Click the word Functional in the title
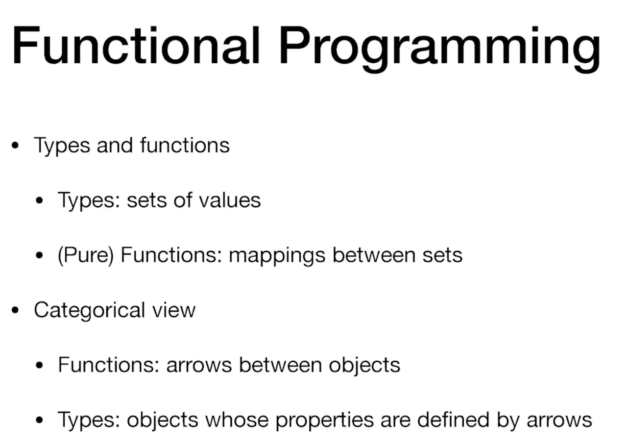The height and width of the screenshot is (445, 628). [136, 46]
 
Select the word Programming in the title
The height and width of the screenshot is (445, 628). [440, 49]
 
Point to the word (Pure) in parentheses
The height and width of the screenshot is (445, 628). [86, 255]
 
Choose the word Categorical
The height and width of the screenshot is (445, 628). [90, 311]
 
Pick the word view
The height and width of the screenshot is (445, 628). [174, 310]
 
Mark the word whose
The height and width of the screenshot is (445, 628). [237, 420]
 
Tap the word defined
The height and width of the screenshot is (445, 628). [453, 420]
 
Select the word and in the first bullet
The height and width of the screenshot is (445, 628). [115, 145]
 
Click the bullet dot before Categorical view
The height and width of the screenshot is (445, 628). [15, 310]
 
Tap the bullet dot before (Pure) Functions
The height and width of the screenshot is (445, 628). [40, 255]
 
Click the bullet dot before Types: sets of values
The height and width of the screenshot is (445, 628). [40, 200]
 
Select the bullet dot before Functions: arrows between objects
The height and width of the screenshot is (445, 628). [40, 365]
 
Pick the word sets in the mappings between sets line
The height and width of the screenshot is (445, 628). [442, 256]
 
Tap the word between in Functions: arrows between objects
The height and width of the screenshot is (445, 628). [280, 365]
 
